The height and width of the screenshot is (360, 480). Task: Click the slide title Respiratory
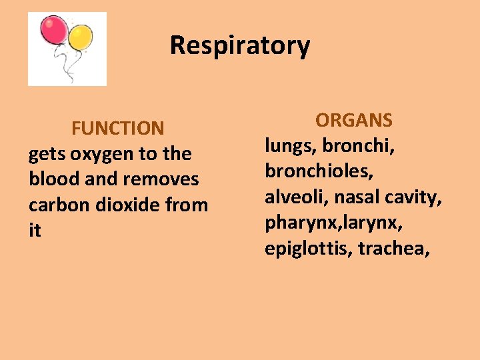[x=239, y=45]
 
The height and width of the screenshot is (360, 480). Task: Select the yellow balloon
[x=81, y=37]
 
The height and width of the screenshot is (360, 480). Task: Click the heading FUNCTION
[x=117, y=127]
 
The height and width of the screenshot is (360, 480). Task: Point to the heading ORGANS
[x=354, y=120]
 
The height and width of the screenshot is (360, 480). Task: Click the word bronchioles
[x=319, y=171]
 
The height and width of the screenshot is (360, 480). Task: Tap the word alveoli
[x=295, y=197]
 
